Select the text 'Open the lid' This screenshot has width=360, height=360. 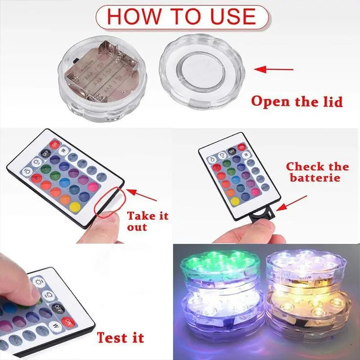coord(297,101)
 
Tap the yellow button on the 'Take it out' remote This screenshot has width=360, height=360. coord(75,207)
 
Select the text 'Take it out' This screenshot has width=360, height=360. coord(147,220)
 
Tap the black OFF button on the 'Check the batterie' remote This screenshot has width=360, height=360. coord(232,151)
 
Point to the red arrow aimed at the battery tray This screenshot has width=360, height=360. coord(292,202)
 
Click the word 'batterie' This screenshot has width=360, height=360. coord(318,178)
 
